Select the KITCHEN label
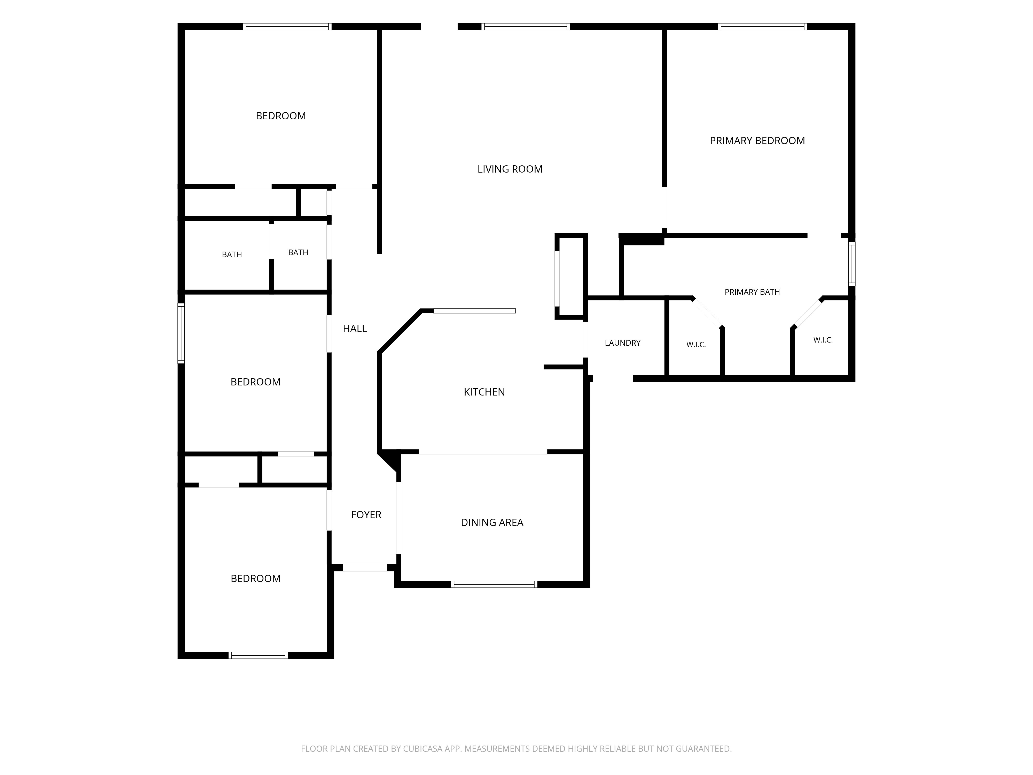coord(484,392)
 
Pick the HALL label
coord(355,328)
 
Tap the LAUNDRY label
coord(622,343)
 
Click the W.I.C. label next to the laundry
coord(696,345)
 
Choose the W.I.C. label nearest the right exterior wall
coord(823,340)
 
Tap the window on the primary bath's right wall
coord(852,264)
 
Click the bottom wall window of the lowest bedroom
coord(258,655)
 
